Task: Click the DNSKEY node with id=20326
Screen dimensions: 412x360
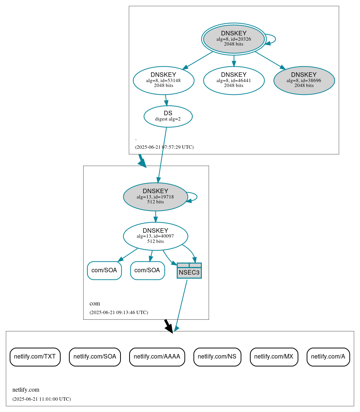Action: point(233,39)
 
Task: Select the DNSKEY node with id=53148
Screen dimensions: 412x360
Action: point(163,80)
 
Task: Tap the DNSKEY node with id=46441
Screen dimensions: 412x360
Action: point(233,80)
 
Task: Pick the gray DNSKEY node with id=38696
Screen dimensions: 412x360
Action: point(304,80)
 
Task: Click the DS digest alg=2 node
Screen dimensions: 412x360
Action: point(168,116)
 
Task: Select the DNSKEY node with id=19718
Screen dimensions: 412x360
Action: point(155,197)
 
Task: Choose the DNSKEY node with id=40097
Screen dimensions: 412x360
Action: point(155,236)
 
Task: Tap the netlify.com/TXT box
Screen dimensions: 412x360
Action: point(35,357)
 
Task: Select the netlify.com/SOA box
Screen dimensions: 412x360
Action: point(95,357)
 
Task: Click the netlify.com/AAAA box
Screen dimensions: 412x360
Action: point(157,357)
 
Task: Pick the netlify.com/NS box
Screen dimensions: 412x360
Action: point(217,357)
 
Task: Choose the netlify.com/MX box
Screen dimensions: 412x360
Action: point(274,357)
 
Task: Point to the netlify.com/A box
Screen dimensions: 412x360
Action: point(328,357)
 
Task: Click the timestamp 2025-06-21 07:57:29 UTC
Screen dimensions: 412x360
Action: point(164,147)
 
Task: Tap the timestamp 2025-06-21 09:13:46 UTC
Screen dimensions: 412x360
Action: point(119,313)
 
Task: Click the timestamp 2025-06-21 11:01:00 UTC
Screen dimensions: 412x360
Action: point(41,399)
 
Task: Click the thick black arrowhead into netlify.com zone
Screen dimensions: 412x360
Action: point(169,328)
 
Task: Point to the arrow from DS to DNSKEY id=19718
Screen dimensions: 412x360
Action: point(162,155)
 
